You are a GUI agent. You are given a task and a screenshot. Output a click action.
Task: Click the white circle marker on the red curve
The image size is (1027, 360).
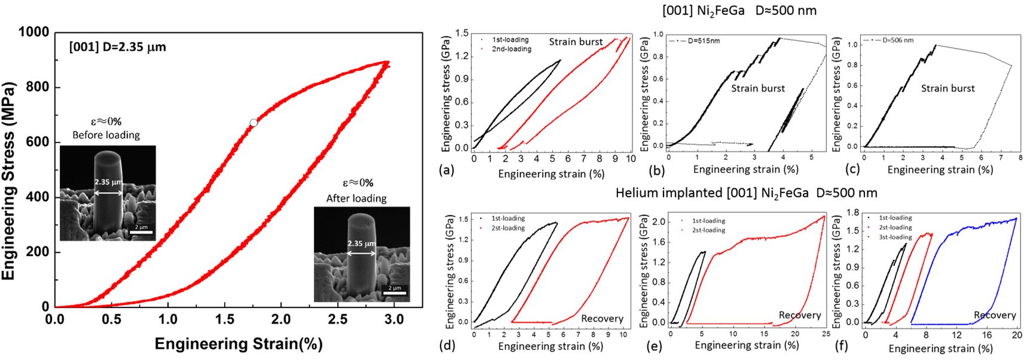(x=253, y=123)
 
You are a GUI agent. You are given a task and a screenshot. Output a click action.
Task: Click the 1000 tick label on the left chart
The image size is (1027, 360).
(x=33, y=32)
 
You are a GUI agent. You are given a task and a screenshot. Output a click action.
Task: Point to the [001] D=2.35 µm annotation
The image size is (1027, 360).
(x=118, y=47)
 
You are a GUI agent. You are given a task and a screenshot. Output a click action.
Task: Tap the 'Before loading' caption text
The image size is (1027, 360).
(x=106, y=135)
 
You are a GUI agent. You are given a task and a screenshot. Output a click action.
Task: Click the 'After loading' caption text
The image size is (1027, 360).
(x=356, y=198)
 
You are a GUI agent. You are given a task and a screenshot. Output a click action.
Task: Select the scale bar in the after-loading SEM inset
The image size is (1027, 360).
(x=395, y=293)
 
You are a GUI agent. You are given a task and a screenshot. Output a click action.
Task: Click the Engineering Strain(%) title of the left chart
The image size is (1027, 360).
(x=239, y=344)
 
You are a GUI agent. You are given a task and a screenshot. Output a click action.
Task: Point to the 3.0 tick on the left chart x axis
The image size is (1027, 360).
(x=393, y=319)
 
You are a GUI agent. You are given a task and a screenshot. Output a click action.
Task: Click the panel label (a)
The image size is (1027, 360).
(x=447, y=170)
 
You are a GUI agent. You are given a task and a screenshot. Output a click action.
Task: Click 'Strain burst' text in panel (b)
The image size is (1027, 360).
(x=758, y=89)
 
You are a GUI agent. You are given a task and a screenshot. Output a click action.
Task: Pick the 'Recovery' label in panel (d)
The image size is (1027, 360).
(x=602, y=319)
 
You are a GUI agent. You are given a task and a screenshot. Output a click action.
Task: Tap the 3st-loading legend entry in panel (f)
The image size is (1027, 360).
(x=895, y=237)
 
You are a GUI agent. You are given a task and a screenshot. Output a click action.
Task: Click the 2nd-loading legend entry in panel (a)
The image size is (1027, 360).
(x=511, y=49)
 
